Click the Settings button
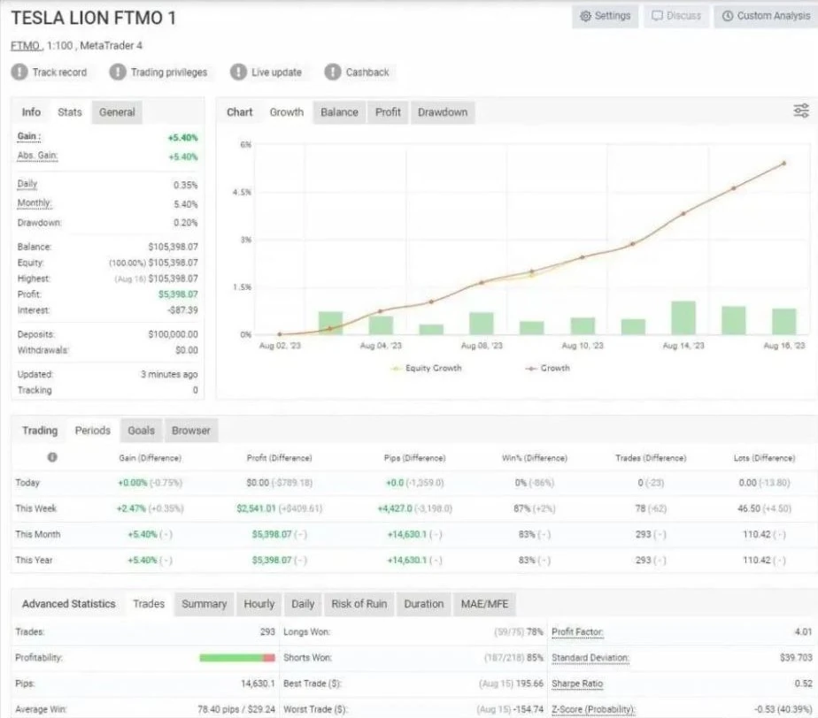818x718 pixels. coord(606,16)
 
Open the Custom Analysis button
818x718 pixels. coord(766,16)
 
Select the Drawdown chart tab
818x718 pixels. coord(443,112)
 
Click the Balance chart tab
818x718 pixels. coord(339,112)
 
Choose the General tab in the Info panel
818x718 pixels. coord(117,112)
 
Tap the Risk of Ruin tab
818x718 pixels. coord(359,604)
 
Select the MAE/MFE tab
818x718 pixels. coord(484,604)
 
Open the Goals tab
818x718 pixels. coord(141,431)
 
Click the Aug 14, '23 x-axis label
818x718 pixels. coord(683,346)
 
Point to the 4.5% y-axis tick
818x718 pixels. coord(242,192)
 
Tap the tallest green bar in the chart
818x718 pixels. coord(683,317)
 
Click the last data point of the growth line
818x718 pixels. coord(783,164)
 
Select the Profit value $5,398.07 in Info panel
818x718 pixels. coord(178,294)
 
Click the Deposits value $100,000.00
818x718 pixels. coord(174,334)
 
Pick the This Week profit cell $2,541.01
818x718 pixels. coord(256,508)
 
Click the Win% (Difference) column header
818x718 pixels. coord(534,458)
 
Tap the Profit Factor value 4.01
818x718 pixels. coord(804,631)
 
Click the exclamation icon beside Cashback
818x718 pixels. coord(332,72)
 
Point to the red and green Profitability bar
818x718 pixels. coord(237,658)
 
